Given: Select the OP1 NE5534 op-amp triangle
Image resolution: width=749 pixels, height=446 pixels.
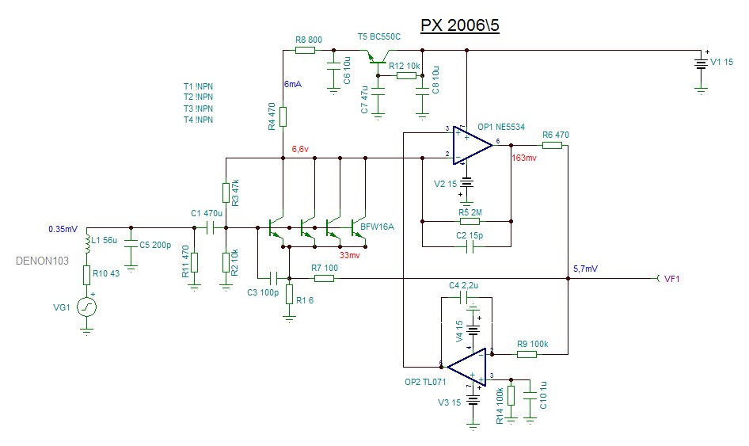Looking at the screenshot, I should click(x=473, y=145).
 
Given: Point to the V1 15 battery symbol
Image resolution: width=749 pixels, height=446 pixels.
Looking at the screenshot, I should click(x=701, y=63).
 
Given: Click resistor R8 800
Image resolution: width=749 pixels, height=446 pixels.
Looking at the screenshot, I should click(x=305, y=50).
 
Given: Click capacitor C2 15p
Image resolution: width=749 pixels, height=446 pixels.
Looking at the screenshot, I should click(x=470, y=246).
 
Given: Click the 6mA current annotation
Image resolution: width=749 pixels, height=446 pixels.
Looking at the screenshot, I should click(x=292, y=83).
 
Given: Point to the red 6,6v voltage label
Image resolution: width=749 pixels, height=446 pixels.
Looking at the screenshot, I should click(x=302, y=148).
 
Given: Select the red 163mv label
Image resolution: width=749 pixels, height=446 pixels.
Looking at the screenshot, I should click(x=525, y=158).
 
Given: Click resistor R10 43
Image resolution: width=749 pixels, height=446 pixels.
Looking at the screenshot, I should click(x=87, y=274).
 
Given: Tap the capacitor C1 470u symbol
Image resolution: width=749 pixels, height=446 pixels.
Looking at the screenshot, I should click(x=210, y=228).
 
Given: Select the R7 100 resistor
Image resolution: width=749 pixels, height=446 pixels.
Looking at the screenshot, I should click(x=323, y=278).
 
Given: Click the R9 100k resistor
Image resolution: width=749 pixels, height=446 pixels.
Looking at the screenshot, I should click(x=527, y=354).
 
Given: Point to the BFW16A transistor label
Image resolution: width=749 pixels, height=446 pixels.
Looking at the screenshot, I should click(x=377, y=227).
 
